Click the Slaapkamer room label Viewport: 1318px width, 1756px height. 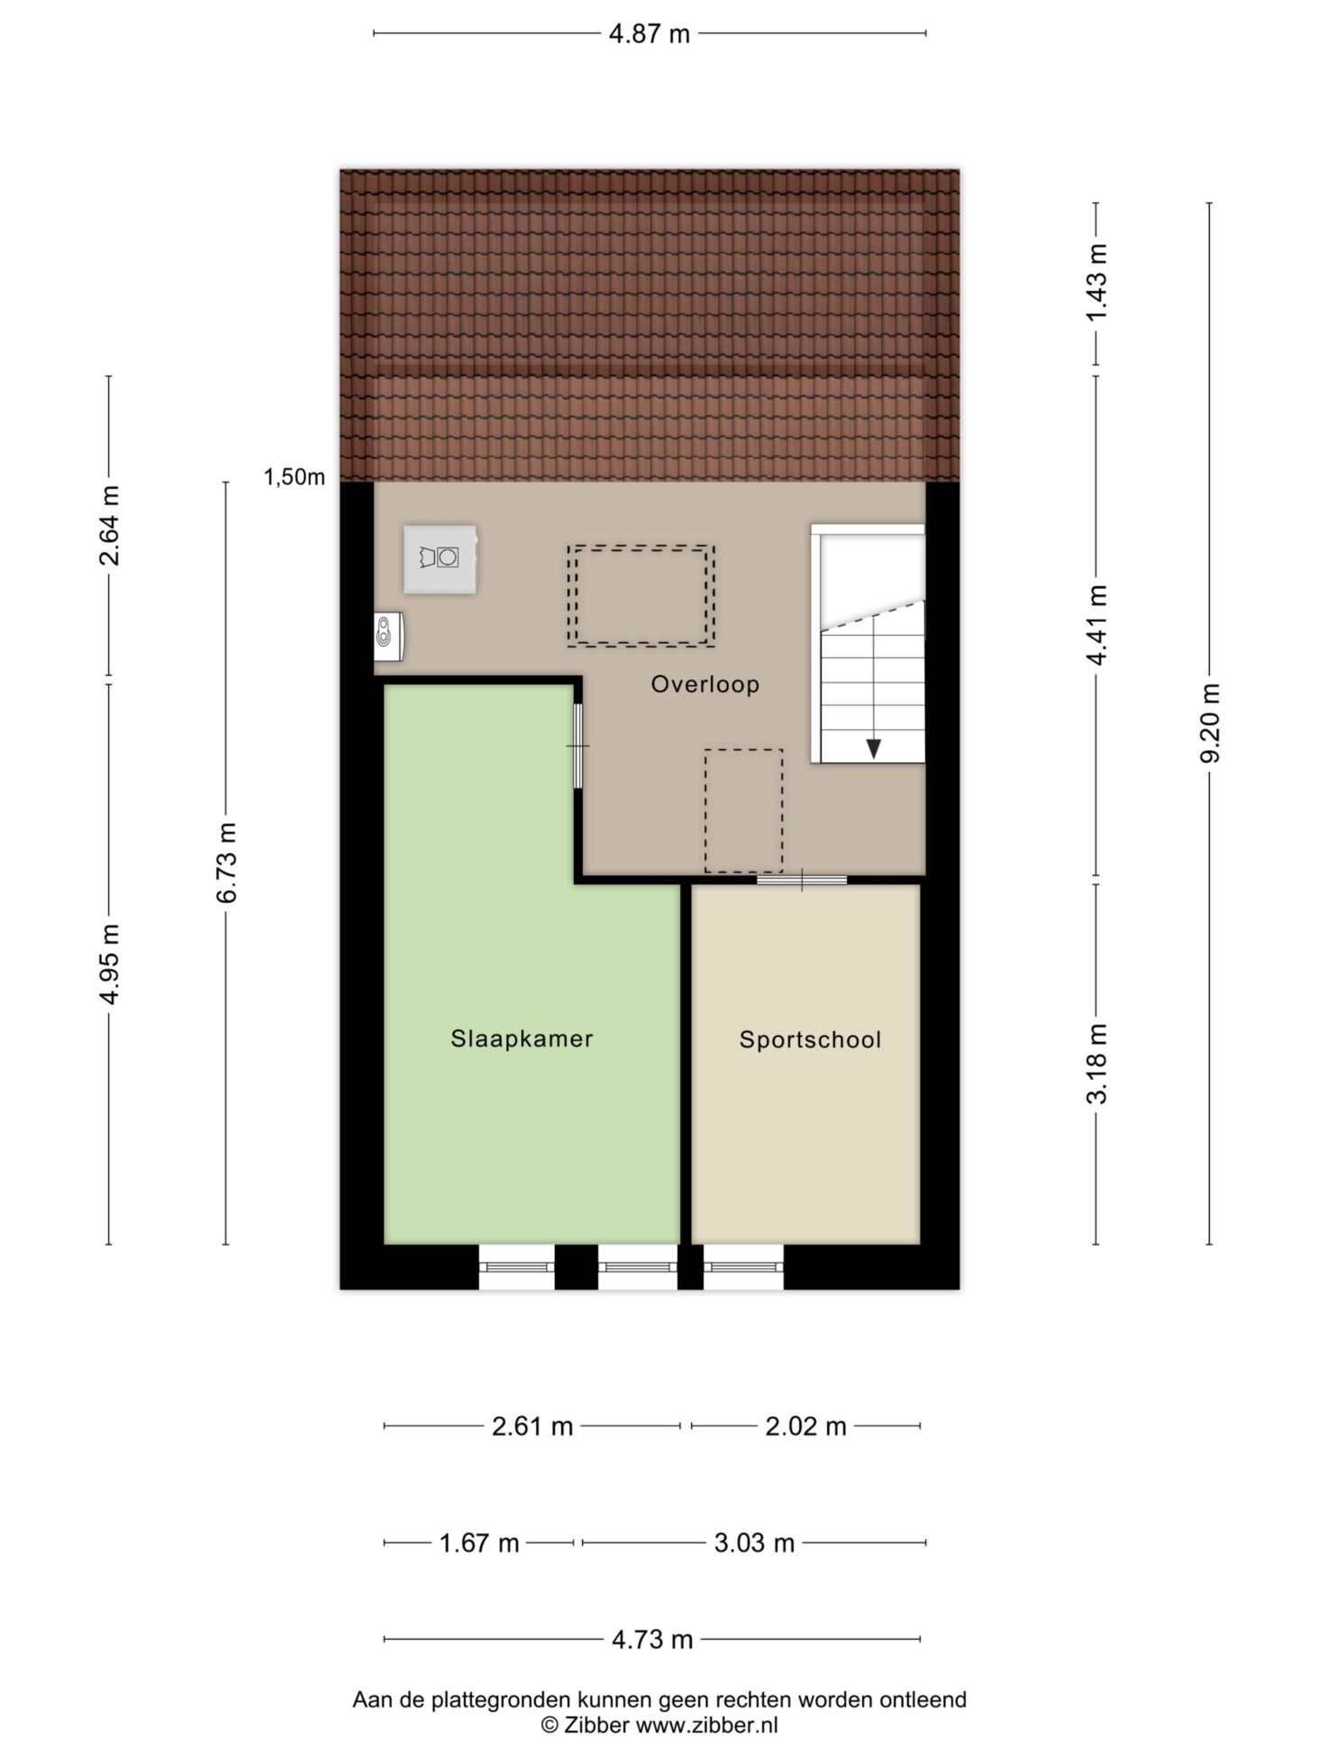(522, 1039)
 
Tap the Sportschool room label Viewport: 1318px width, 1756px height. (810, 1040)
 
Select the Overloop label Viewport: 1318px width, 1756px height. (705, 684)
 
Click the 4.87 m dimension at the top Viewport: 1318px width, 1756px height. (650, 34)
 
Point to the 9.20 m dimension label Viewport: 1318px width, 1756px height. (1209, 722)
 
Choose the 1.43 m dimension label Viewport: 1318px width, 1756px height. (1096, 283)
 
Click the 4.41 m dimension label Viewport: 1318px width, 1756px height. (1096, 625)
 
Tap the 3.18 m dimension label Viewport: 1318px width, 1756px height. (1096, 1064)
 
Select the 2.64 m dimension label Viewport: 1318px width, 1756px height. (109, 526)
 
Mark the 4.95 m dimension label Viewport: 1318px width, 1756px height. (109, 964)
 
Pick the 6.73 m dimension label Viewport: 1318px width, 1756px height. (226, 863)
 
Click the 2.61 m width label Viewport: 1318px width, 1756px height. (532, 1426)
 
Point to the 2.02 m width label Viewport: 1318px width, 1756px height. (806, 1426)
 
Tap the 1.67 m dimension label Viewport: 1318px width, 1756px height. (479, 1543)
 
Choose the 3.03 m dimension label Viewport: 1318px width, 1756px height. (755, 1543)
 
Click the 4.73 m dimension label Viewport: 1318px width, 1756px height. (652, 1640)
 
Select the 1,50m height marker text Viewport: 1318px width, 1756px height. (295, 477)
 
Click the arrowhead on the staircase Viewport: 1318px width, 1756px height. (874, 748)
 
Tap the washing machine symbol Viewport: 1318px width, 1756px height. (440, 559)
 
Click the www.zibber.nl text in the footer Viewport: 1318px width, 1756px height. (706, 1725)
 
